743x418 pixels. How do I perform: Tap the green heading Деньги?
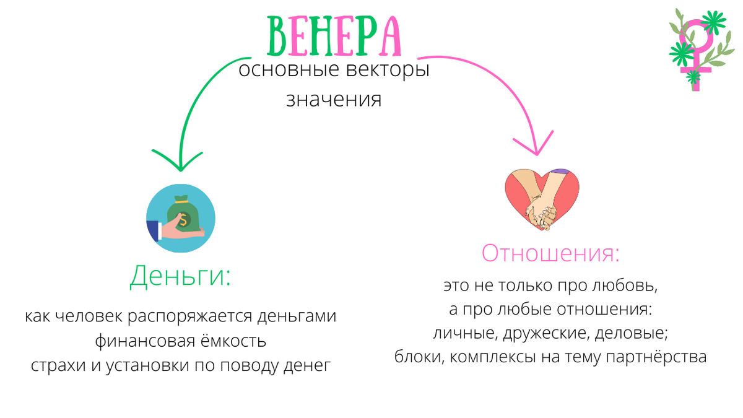(180, 276)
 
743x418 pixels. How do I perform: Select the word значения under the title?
(334, 99)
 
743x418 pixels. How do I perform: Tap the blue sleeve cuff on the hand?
(152, 231)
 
